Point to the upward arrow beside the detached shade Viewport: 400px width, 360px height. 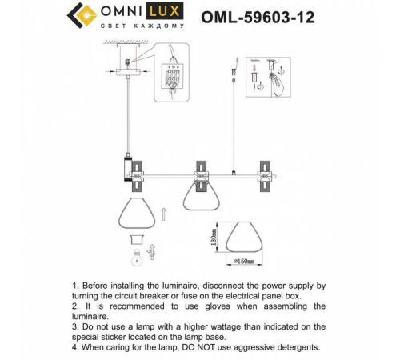coord(165,214)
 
